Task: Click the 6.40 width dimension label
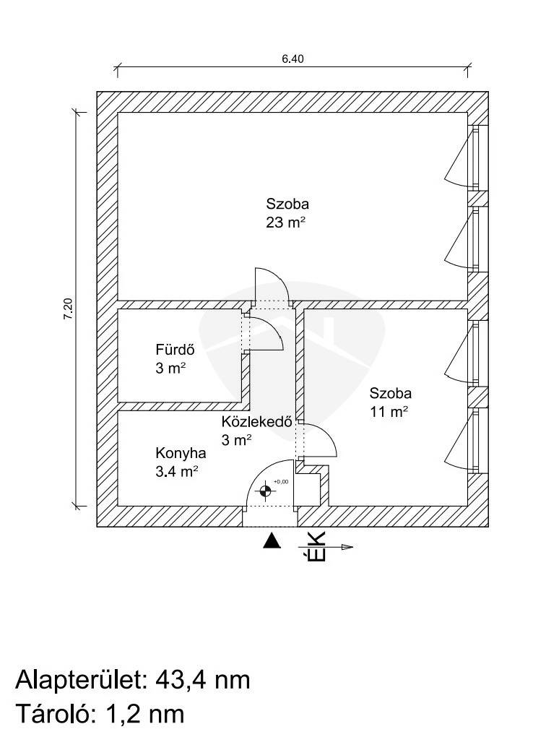tap(292, 60)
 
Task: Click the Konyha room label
tap(181, 454)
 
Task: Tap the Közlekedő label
tap(256, 423)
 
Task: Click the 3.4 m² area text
tap(177, 472)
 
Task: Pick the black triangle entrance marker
tap(271, 540)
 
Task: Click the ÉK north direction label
tap(316, 547)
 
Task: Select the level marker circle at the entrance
tap(266, 491)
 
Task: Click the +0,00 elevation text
tap(281, 481)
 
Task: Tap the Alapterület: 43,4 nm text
tap(133, 680)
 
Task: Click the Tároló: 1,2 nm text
tap(100, 714)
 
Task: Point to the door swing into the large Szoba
tap(271, 284)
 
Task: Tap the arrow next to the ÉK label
tap(342, 547)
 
